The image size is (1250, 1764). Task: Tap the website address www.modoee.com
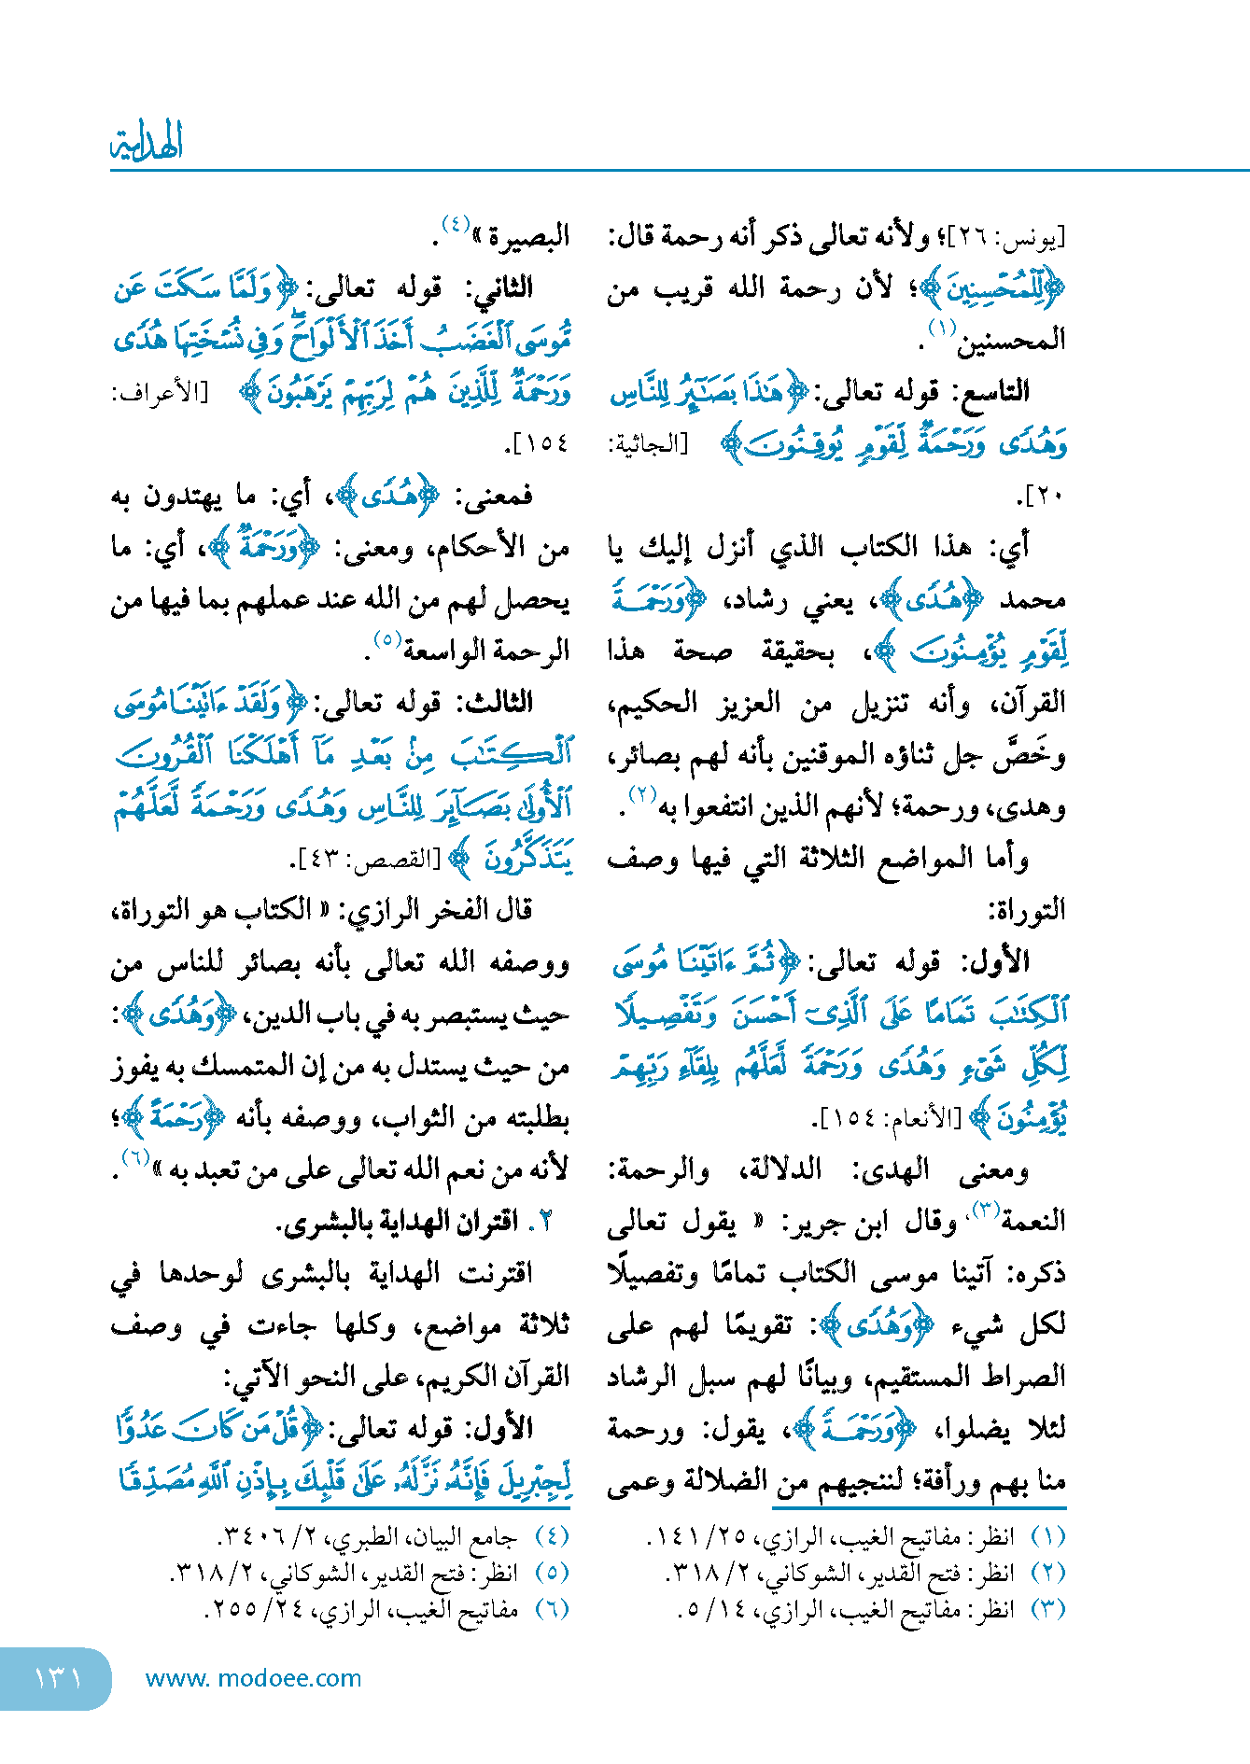coord(253,1678)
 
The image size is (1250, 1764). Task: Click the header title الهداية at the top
coord(147,143)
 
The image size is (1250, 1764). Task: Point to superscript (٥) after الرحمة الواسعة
coord(386,640)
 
